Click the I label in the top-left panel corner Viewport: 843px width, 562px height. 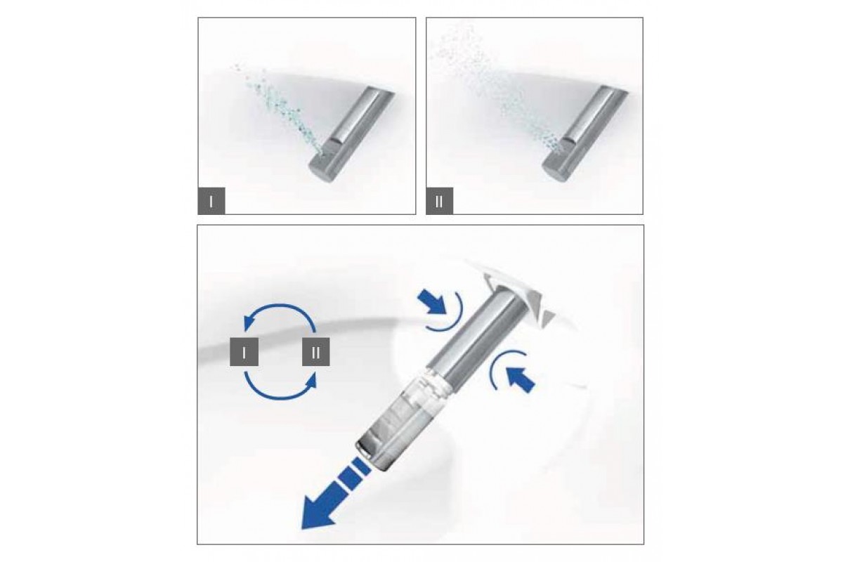(x=211, y=201)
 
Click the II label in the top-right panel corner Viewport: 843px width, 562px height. (x=440, y=201)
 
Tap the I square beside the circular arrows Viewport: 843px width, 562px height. (x=244, y=352)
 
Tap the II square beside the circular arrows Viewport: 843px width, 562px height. (x=316, y=352)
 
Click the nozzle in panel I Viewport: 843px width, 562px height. (x=352, y=135)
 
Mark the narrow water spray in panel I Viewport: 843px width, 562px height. (x=277, y=109)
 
